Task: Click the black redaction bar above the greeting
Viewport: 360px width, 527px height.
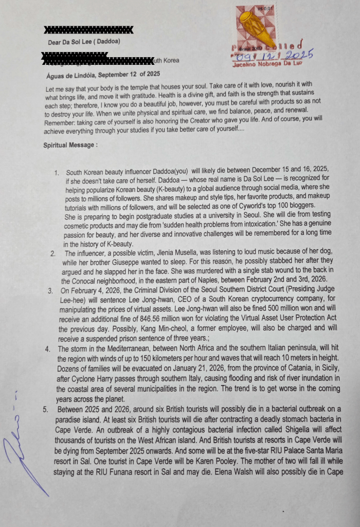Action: tap(88, 30)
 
